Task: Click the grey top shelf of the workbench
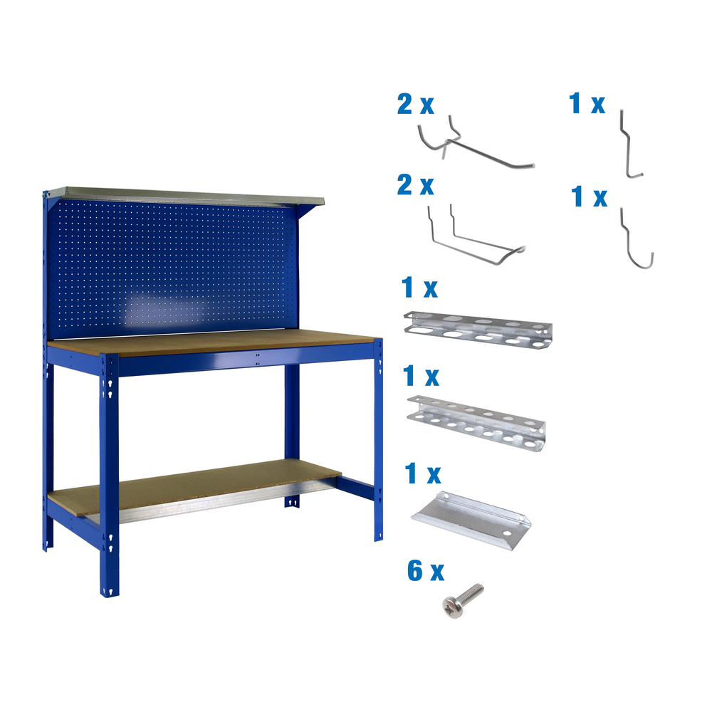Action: click(x=185, y=194)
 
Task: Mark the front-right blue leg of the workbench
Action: click(x=378, y=441)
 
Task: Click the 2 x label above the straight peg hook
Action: click(x=415, y=105)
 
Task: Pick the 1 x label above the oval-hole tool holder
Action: click(x=420, y=289)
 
